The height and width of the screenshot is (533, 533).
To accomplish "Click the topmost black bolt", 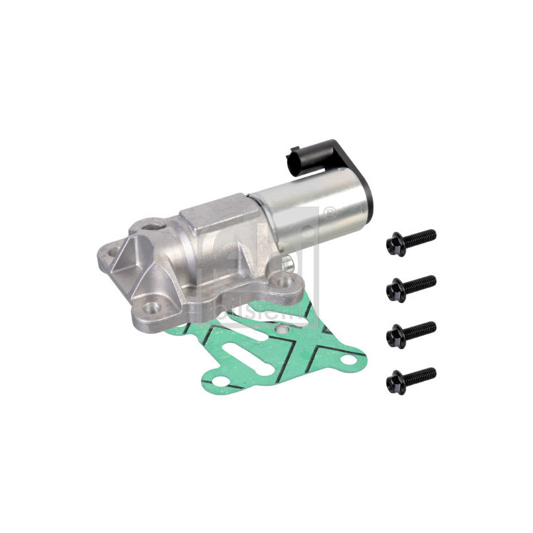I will [x=411, y=242].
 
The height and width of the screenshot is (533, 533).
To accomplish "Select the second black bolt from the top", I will [x=411, y=287].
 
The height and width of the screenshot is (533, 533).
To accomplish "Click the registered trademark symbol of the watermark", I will [x=328, y=213].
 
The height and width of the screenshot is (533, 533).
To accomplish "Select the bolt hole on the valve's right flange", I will [x=287, y=283].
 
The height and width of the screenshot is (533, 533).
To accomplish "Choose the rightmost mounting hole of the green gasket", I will [x=347, y=360].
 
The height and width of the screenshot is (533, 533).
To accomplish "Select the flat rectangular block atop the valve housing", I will [x=213, y=213].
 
